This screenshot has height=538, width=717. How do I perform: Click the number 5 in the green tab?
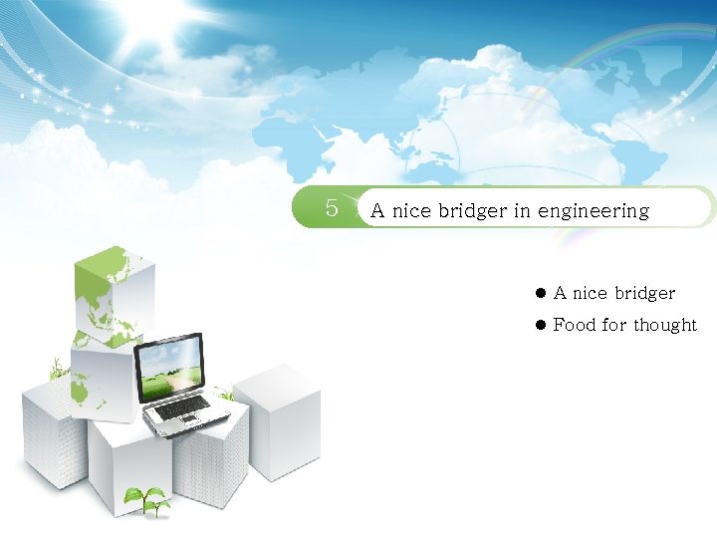pos(333,209)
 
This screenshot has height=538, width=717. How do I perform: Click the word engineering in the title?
pos(594,212)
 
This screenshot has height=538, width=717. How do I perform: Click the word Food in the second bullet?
pos(575,325)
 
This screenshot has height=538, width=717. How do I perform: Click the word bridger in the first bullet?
pos(644,293)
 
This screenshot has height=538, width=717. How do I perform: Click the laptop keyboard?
pos(184,407)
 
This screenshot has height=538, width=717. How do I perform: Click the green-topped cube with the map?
pos(114,295)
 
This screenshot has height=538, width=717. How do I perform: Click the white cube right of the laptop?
pos(278,418)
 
